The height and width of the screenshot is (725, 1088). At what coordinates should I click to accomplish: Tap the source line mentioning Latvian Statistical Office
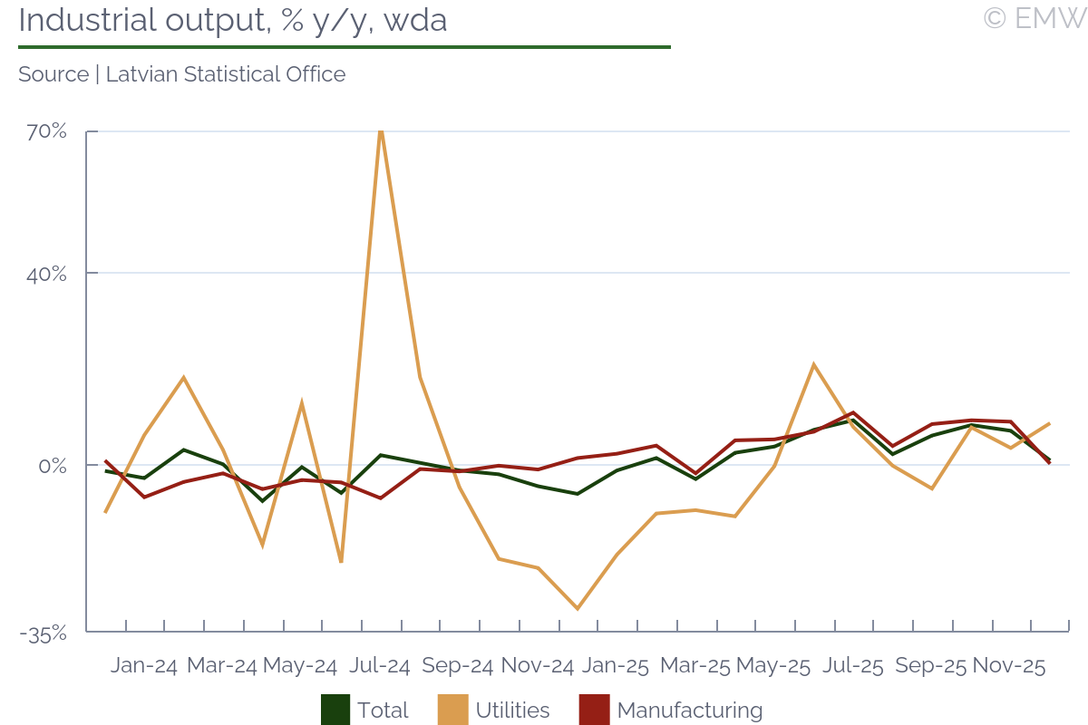click(x=181, y=74)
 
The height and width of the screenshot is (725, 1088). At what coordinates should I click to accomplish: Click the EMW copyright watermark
click(x=1034, y=18)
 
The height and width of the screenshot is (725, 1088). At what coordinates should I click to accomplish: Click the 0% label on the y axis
click(x=53, y=466)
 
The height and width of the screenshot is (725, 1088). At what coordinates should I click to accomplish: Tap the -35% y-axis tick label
click(x=44, y=633)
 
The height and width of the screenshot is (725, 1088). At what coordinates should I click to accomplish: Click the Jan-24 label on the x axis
click(x=144, y=666)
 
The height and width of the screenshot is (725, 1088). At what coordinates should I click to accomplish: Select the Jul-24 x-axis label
click(x=379, y=666)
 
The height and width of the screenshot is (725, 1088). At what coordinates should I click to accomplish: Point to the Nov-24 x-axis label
click(x=538, y=666)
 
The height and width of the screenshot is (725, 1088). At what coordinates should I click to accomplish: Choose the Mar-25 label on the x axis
click(x=695, y=666)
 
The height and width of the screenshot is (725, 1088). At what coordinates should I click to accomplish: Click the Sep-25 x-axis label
click(x=930, y=666)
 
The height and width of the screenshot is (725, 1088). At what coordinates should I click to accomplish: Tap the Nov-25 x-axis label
click(x=1008, y=666)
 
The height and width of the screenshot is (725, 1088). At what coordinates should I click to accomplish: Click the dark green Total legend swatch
click(x=335, y=710)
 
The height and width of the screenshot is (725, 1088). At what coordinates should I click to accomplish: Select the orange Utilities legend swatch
click(x=453, y=710)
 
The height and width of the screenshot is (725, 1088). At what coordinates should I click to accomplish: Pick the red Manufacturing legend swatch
click(x=594, y=710)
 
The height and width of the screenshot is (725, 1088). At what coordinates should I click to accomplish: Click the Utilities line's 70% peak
click(x=381, y=130)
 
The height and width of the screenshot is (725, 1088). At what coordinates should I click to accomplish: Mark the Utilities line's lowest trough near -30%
click(x=578, y=608)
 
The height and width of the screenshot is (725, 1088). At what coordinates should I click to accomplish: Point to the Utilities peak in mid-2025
click(x=813, y=364)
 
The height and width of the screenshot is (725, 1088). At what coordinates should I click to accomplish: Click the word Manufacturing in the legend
click(x=689, y=710)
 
